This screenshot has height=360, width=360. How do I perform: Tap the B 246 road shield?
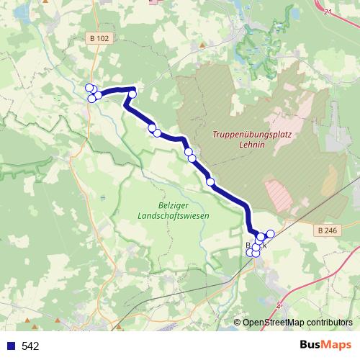click(x=326, y=229)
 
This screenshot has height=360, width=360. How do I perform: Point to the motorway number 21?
click(x=329, y=12)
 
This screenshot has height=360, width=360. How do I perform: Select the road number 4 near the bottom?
click(x=279, y=306)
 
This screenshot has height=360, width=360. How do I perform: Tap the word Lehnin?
click(x=253, y=145)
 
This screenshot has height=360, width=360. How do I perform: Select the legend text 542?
click(x=30, y=346)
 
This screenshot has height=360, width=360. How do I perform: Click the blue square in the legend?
click(x=11, y=346)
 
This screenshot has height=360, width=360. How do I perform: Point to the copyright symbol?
click(x=237, y=323)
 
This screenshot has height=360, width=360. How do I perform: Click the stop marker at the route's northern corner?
click(x=132, y=94)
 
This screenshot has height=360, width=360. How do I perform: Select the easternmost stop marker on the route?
click(x=271, y=233)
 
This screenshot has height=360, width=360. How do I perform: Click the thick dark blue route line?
click(x=229, y=194)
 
